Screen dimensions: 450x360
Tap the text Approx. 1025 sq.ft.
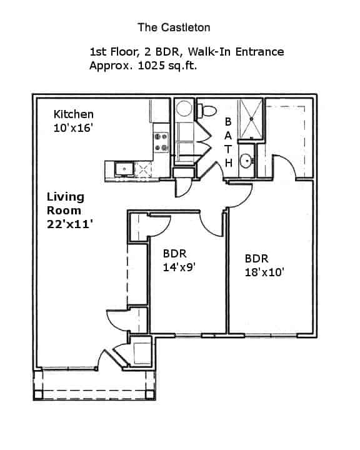click(143, 65)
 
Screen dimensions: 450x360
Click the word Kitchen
click(74, 114)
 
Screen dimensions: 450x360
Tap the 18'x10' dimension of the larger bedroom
click(266, 272)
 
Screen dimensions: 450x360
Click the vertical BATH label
click(229, 142)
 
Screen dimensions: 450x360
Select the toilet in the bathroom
click(207, 111)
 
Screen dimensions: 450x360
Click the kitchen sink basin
click(122, 168)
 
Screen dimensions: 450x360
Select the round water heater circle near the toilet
click(184, 109)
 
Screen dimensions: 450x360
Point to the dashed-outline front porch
click(94, 384)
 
